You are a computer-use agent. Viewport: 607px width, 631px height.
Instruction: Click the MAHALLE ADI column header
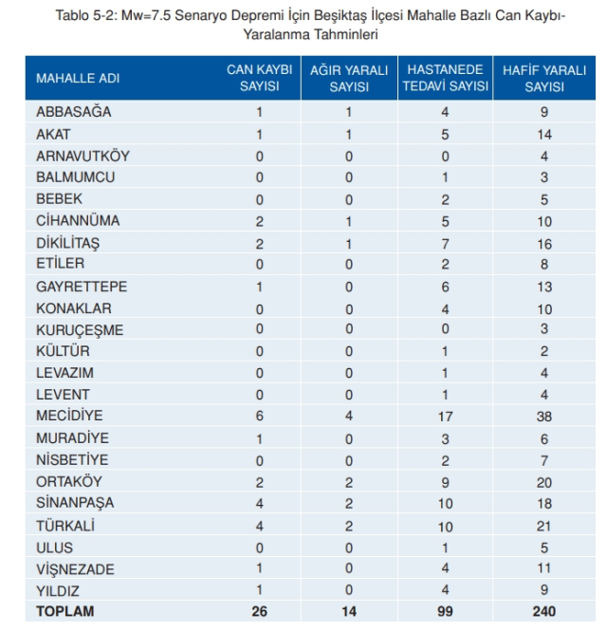point(78,78)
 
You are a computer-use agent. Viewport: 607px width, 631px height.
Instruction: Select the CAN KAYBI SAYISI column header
point(260,78)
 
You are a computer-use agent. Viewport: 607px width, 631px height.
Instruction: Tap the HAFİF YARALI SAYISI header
point(544,78)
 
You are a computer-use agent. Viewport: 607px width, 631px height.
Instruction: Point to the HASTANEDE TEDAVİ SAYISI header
point(446,78)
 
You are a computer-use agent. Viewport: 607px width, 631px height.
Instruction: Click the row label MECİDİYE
point(69,416)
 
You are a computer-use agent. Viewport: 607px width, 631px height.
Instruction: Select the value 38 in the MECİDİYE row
point(544,417)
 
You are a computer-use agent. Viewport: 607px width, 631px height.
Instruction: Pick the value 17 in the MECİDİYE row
point(446,417)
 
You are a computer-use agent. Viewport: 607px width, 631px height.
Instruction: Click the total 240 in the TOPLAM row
point(544,611)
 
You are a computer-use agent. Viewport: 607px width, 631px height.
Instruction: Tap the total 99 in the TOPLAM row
point(446,611)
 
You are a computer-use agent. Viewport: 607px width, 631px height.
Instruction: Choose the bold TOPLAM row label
point(65,611)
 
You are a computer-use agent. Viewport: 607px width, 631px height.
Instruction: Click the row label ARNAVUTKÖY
point(83,156)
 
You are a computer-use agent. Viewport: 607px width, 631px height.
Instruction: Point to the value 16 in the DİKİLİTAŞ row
point(544,244)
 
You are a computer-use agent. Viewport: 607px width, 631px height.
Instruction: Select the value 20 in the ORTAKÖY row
point(544,482)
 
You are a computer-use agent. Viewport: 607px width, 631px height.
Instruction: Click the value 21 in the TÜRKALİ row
point(544,526)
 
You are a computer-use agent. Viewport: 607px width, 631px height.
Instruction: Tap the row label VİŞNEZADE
point(75,569)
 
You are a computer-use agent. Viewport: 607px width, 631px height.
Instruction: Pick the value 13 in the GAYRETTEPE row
point(544,287)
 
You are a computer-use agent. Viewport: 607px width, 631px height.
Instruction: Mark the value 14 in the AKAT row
point(544,134)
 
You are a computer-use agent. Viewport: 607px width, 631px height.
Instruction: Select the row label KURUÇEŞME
point(80,330)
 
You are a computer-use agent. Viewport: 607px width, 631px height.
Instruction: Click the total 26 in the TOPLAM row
point(260,611)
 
